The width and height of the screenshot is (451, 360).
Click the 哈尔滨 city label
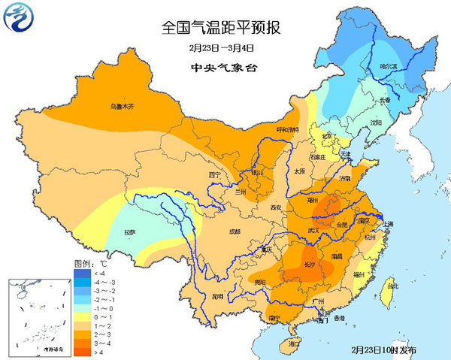click(x=389, y=67)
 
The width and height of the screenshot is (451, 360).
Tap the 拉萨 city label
click(x=130, y=232)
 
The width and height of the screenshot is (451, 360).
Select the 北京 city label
click(x=326, y=136)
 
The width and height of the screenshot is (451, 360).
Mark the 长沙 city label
click(x=311, y=264)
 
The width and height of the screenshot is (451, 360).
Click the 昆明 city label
click(x=217, y=297)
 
